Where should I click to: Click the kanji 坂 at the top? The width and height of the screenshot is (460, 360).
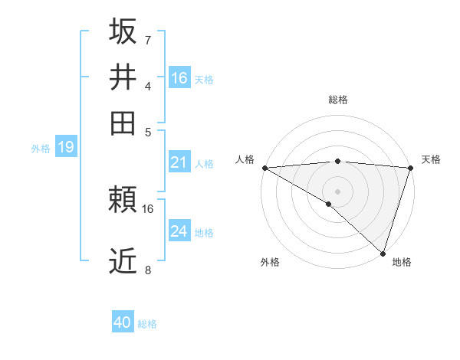[x=123, y=31]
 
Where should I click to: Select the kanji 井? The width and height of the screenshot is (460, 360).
[x=123, y=77]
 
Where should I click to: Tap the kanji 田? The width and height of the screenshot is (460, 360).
[x=123, y=123]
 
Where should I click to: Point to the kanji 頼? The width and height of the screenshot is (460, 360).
[x=123, y=201]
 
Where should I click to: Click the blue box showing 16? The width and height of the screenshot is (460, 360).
[x=179, y=78]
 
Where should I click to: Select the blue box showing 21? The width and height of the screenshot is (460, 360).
[x=179, y=162]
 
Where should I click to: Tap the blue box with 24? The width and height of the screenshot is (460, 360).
[x=179, y=231]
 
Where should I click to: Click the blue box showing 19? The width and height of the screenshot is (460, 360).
[x=65, y=147]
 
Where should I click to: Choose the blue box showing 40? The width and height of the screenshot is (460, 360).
[x=123, y=322]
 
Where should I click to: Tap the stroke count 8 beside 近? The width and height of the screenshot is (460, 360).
[x=147, y=270]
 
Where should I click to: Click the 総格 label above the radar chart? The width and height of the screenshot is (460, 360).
[x=337, y=100]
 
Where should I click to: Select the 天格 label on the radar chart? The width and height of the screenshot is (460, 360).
[x=431, y=159]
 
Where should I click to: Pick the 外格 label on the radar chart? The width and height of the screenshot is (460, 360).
[x=270, y=263]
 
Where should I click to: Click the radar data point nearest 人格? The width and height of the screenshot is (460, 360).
[x=264, y=167]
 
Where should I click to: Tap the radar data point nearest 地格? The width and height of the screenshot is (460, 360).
[x=383, y=253]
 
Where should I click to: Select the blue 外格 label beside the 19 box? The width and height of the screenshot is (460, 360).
[x=41, y=149]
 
